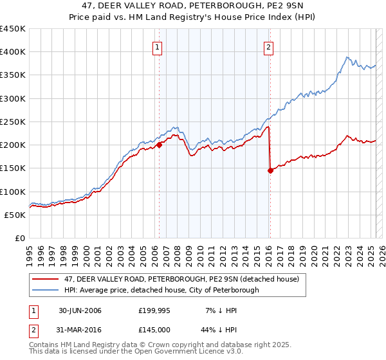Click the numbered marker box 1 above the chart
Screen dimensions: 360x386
[158, 46]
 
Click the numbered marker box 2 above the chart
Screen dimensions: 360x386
[268, 46]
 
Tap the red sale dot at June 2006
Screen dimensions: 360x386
[159, 145]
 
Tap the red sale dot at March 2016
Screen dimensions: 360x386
[270, 170]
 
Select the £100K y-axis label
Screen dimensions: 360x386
[12, 192]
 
